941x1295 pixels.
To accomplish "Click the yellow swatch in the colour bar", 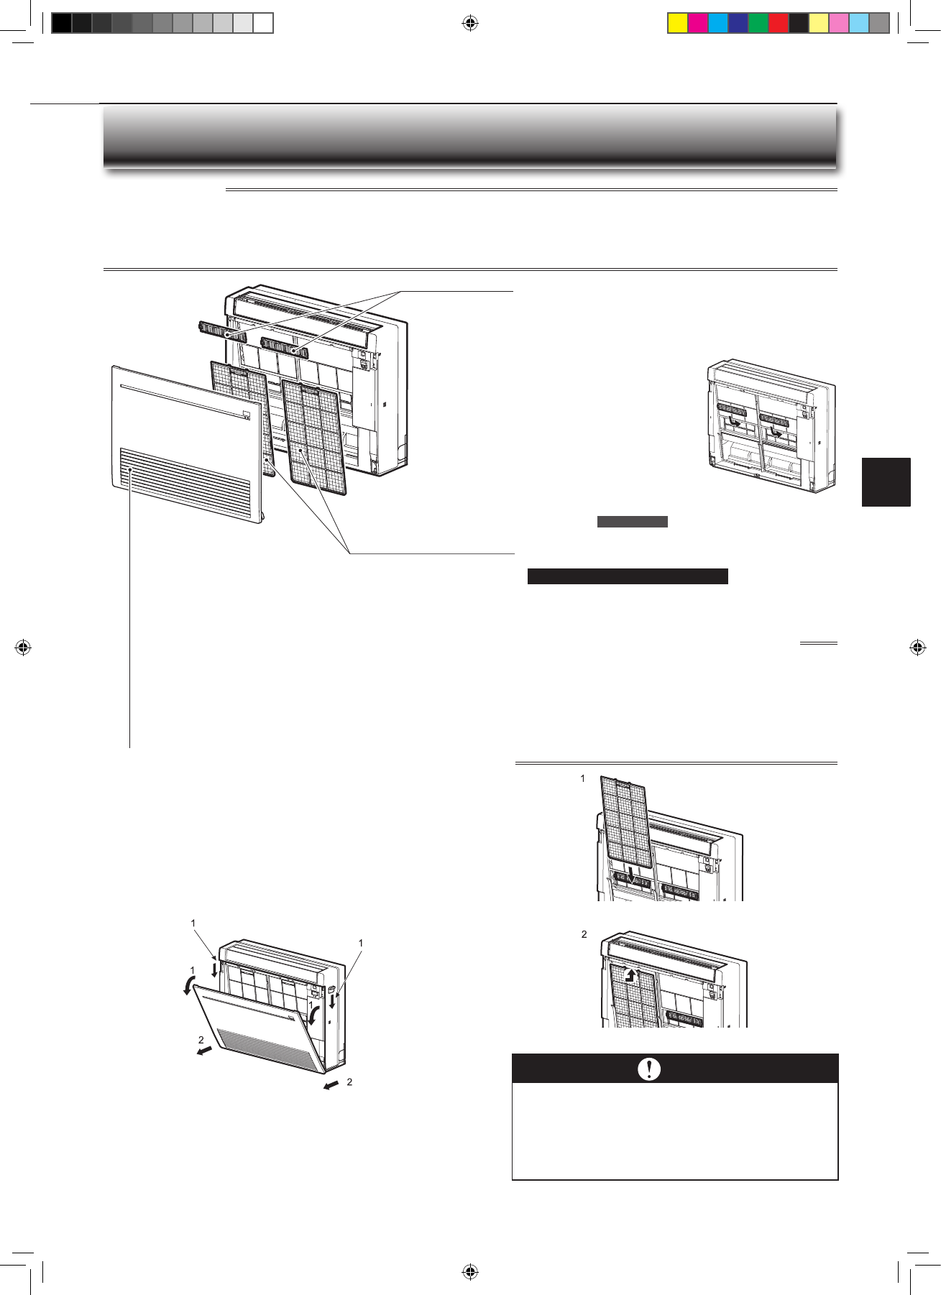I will pos(677,23).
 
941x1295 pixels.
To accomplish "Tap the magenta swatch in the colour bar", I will pos(697,23).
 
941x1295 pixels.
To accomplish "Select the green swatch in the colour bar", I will pos(758,23).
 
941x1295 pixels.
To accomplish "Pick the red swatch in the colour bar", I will pos(778,23).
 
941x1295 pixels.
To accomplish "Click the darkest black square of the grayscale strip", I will pos(62,23).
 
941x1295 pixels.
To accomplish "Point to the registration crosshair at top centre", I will pos(470,24).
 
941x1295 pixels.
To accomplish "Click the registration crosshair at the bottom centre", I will pos(470,1272).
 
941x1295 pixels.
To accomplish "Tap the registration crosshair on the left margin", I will pos(23,647).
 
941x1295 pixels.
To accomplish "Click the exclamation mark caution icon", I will pos(649,1069).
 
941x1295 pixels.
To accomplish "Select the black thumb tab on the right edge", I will pos(886,482).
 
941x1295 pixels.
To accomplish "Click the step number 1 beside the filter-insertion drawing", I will pos(582,778).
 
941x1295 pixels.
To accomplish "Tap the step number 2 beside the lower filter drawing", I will pos(584,934).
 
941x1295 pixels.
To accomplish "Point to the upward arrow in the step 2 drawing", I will pos(631,975).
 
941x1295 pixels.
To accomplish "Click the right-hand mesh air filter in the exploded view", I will pos(314,438).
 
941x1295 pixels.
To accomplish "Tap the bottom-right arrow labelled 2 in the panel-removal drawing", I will pos(331,1084).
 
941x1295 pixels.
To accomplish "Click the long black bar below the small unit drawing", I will pos(628,576).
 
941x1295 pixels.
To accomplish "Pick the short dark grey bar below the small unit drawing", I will pos(633,522).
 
